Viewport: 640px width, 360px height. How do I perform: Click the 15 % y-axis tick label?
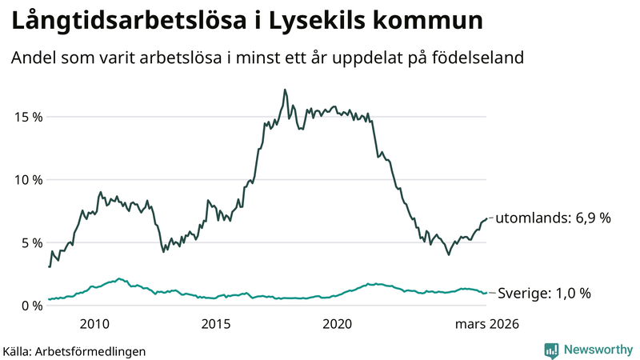point(27,117)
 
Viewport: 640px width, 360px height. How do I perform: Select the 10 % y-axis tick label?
point(27,180)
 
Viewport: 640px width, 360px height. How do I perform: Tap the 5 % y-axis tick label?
point(30,242)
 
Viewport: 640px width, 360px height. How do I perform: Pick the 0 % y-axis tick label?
point(30,306)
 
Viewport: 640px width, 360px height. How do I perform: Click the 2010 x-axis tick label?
point(94,324)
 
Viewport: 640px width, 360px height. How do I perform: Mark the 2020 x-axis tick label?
point(337,324)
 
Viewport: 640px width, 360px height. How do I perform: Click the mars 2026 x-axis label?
point(486,324)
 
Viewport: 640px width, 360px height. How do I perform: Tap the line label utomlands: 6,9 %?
point(554,218)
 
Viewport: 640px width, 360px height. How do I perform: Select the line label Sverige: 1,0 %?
point(544,294)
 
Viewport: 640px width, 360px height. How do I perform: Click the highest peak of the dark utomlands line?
point(285,90)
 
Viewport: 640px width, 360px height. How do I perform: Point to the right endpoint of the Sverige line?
point(486,293)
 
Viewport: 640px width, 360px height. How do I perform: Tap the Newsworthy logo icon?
point(551,349)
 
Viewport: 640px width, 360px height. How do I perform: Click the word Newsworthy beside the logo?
point(597,349)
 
